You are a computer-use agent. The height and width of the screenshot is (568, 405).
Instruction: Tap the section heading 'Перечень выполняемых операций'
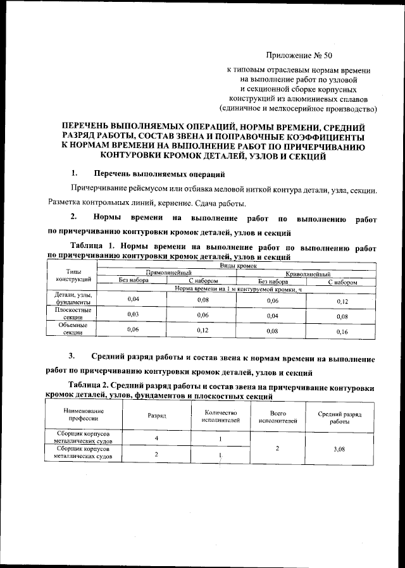pos(158,173)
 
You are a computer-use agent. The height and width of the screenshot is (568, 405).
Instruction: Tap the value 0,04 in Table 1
pos(134,299)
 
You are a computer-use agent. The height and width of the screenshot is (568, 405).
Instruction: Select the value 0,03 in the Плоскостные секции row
pos(134,314)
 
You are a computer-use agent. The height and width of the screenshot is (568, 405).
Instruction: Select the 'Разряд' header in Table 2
pos(156,417)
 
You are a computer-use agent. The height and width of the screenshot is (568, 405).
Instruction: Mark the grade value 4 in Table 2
pos(156,438)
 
